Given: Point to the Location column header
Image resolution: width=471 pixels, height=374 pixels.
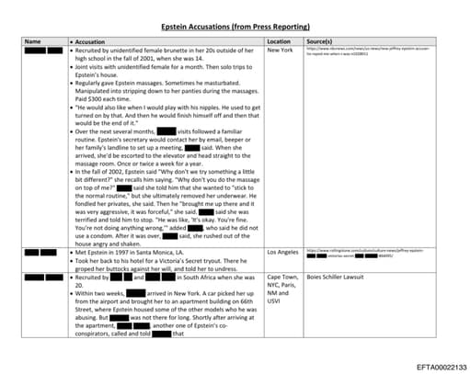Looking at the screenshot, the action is click(x=279, y=42).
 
